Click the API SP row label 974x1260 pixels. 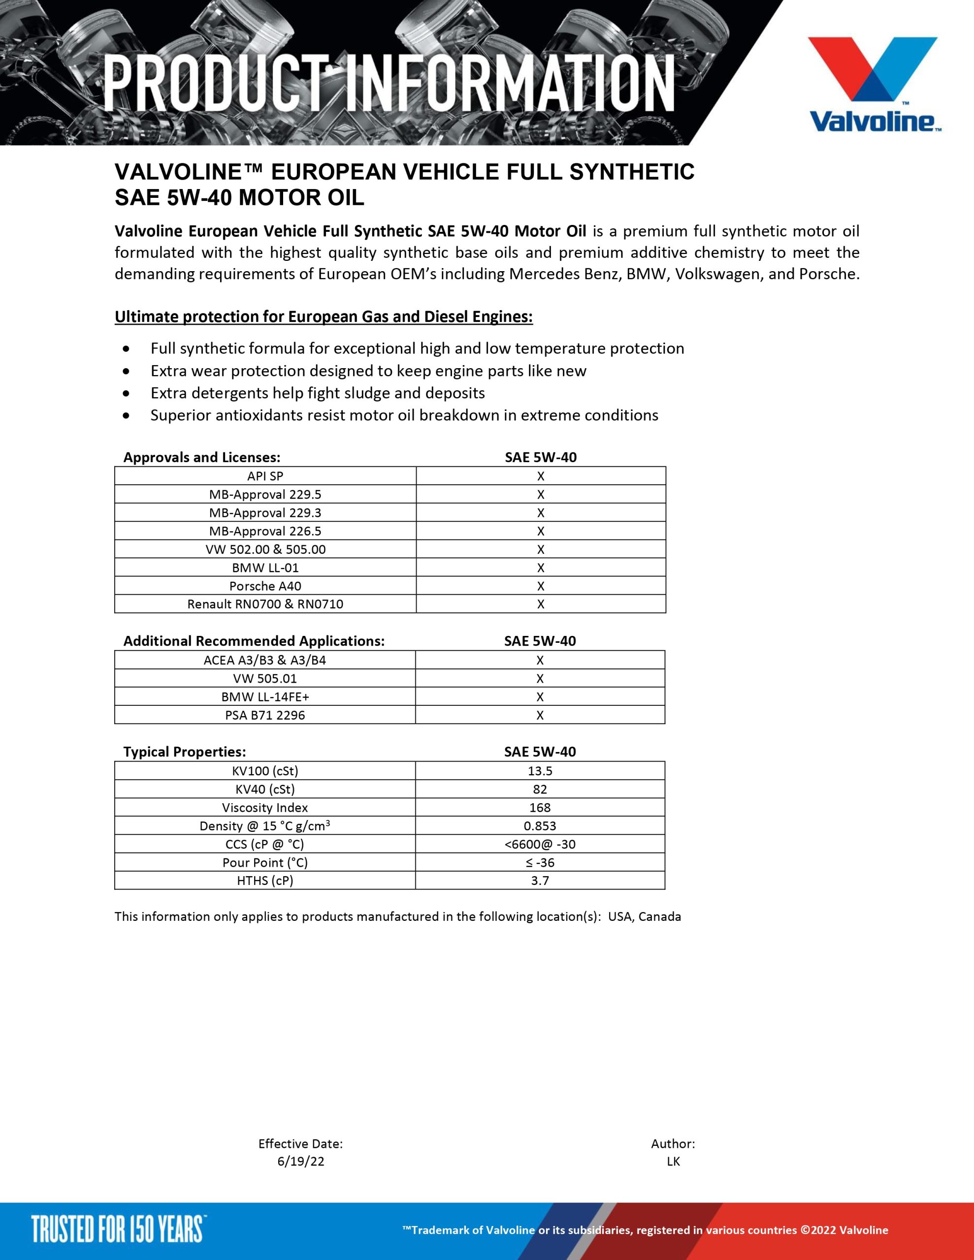click(x=265, y=476)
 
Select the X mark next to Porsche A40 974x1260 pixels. click(x=540, y=586)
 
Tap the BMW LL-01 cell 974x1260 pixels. click(x=265, y=567)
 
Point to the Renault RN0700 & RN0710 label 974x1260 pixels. click(x=265, y=604)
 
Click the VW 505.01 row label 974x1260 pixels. click(x=265, y=678)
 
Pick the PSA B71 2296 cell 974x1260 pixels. click(x=265, y=715)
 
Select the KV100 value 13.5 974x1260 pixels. click(x=540, y=771)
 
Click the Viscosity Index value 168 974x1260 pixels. click(x=540, y=808)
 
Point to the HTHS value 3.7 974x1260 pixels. click(x=540, y=881)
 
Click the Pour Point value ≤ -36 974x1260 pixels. click(x=540, y=862)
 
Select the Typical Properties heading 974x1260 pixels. click(x=185, y=752)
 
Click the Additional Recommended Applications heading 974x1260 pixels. click(x=254, y=641)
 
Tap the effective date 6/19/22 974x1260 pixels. click(x=301, y=1162)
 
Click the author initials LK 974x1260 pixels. click(x=673, y=1162)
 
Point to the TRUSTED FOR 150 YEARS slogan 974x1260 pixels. click(x=118, y=1229)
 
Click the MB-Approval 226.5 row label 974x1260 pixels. click(x=265, y=531)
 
